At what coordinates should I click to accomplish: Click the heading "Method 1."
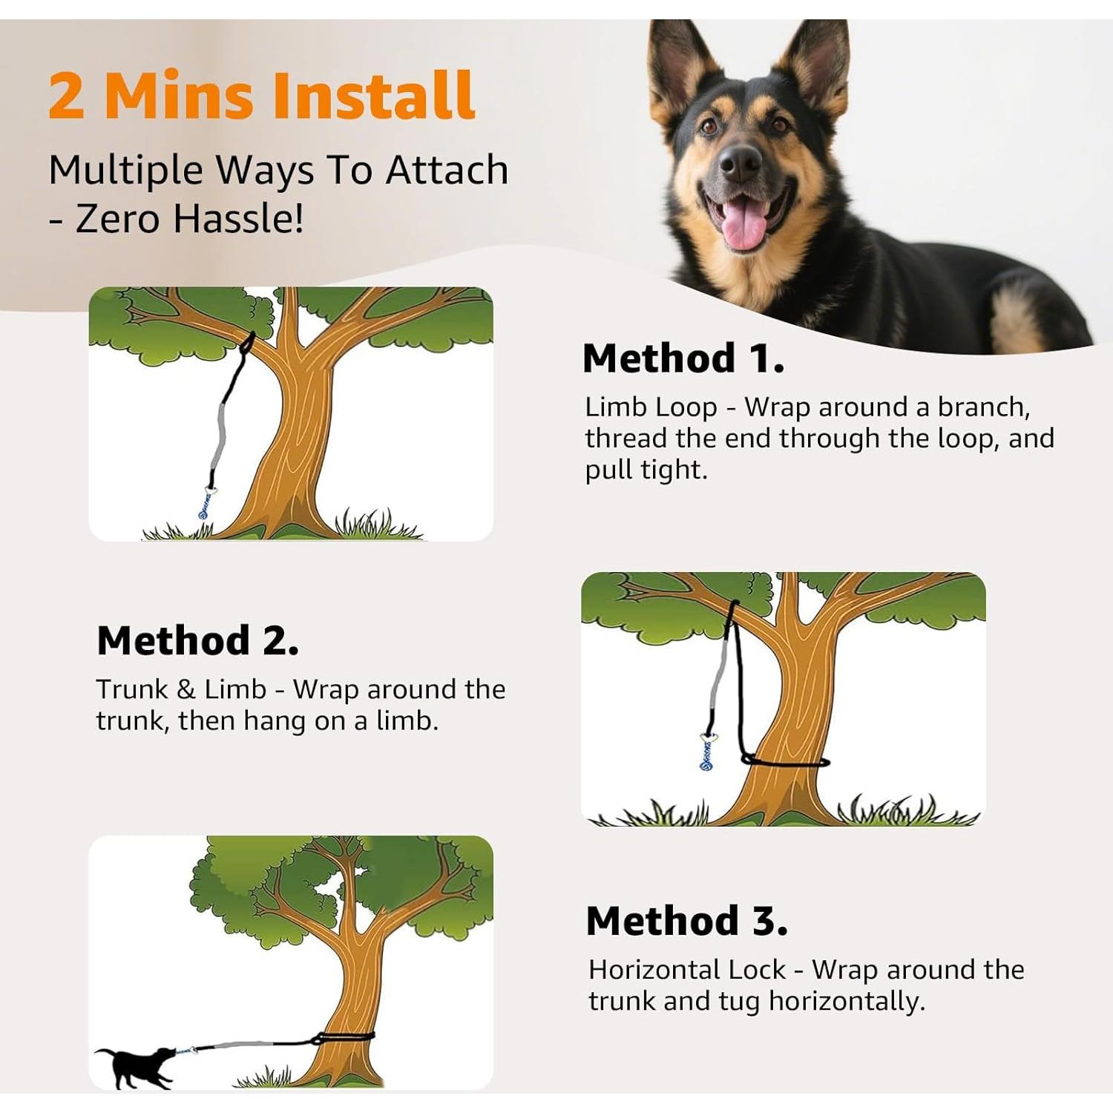coord(683,358)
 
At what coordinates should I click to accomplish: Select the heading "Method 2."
coord(197,640)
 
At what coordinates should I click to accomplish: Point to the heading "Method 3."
coord(686,921)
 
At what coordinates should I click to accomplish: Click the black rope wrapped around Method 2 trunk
coord(787,761)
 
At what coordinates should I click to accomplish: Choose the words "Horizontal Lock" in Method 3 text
coord(686,970)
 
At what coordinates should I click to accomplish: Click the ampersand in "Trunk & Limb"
coord(185,689)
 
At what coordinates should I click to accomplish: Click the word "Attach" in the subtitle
coord(447,170)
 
